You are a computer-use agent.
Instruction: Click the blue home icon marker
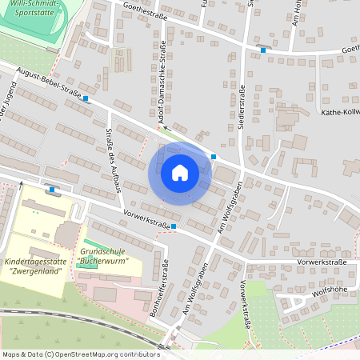click(x=180, y=172)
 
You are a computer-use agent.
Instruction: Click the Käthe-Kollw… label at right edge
click(x=339, y=113)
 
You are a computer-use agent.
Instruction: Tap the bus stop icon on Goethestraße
click(x=263, y=50)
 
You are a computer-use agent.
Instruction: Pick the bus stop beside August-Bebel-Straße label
click(x=86, y=99)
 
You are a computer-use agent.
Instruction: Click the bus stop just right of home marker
click(x=214, y=157)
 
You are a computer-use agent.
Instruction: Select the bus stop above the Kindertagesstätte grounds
click(x=53, y=190)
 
